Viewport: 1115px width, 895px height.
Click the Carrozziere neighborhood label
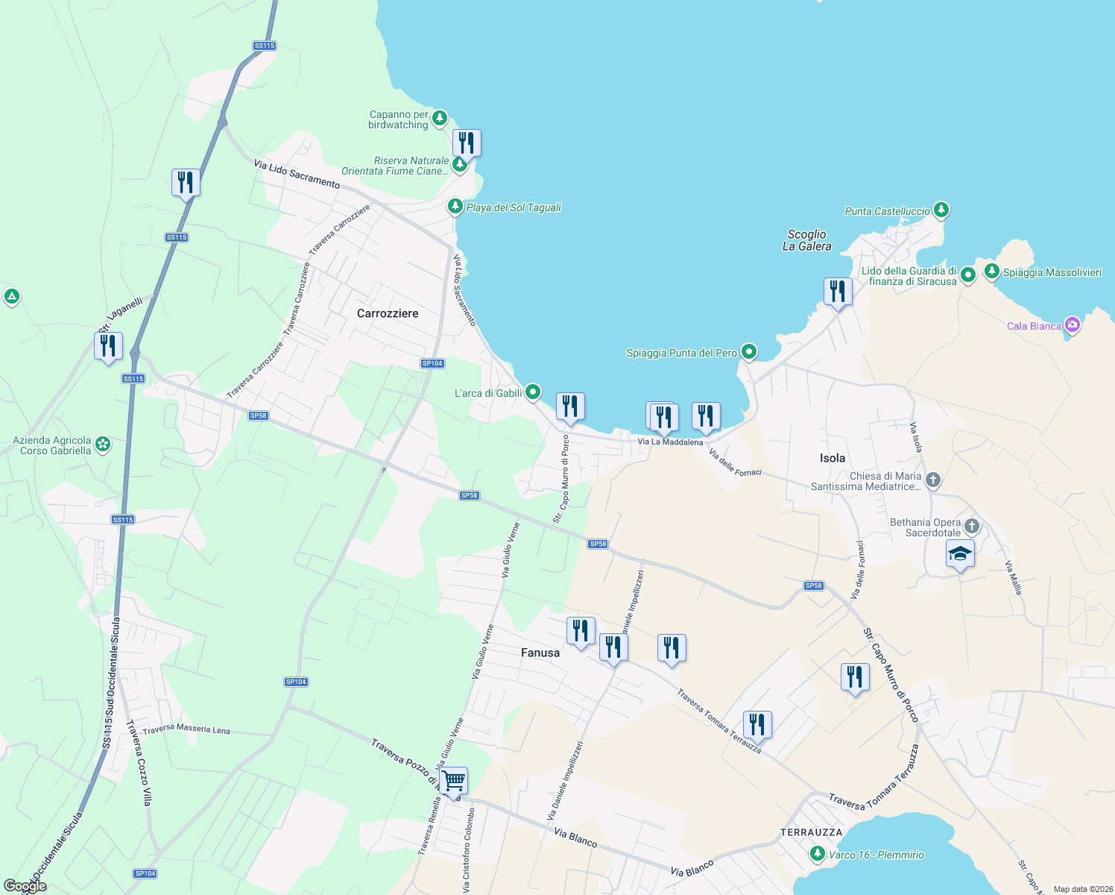pyautogui.click(x=388, y=313)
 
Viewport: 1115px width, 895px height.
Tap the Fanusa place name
pyautogui.click(x=540, y=653)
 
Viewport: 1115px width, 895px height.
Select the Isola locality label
pyautogui.click(x=832, y=458)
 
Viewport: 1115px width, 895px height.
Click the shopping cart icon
pyautogui.click(x=453, y=782)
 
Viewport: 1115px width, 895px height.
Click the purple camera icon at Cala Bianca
pyautogui.click(x=1072, y=324)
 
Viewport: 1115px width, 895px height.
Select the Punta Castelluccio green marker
pyautogui.click(x=941, y=210)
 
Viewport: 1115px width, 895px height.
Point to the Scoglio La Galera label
pyautogui.click(x=806, y=240)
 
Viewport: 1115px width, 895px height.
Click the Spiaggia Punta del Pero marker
pyautogui.click(x=749, y=352)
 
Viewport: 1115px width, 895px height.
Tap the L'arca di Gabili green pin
pyautogui.click(x=532, y=392)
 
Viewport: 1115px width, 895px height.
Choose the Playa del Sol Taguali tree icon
pyautogui.click(x=455, y=206)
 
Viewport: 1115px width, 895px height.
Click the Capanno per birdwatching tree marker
pyautogui.click(x=440, y=118)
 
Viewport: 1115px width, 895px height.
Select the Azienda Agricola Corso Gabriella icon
pyautogui.click(x=103, y=445)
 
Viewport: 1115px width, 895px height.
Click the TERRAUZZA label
pyautogui.click(x=811, y=832)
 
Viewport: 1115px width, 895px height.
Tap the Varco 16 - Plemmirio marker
pyautogui.click(x=818, y=853)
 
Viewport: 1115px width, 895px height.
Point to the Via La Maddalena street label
pyautogui.click(x=670, y=442)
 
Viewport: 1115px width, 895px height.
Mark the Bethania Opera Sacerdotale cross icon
pyautogui.click(x=971, y=526)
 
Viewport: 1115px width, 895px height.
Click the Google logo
pyautogui.click(x=25, y=886)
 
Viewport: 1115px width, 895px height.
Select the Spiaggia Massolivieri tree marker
pyautogui.click(x=991, y=271)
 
